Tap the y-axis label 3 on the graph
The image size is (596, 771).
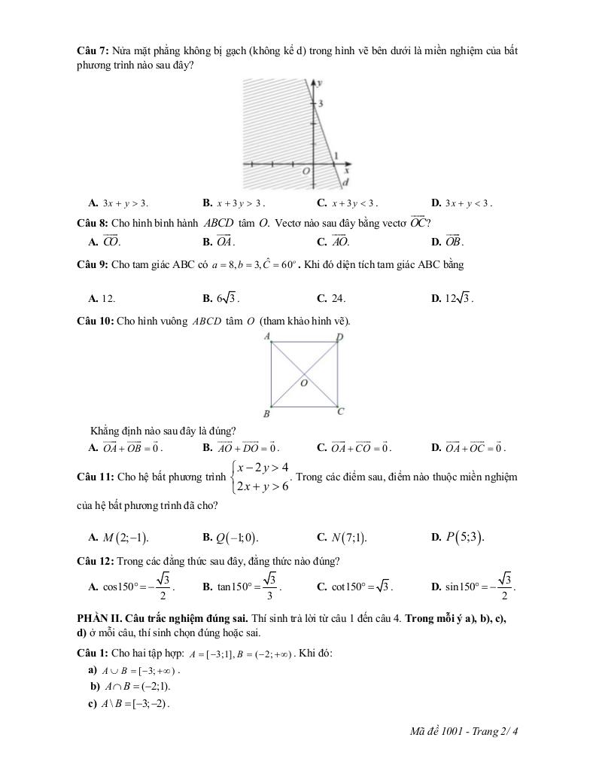(320, 103)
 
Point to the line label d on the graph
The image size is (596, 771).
(345, 183)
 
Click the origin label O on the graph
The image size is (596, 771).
(306, 172)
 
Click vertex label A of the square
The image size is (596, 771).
(268, 336)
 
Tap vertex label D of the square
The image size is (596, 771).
(339, 337)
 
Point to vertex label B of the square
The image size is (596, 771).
(266, 414)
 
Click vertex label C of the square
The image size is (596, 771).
(340, 411)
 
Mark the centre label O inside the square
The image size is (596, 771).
(304, 383)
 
